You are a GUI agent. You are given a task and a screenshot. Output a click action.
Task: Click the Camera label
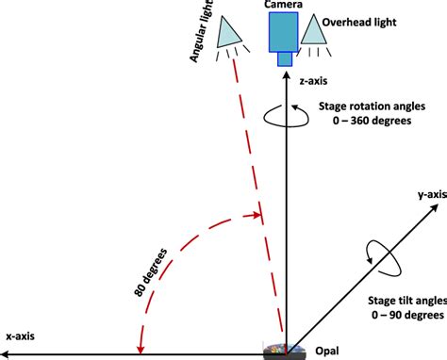coord(283,4)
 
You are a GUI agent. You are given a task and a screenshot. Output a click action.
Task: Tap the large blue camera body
coord(283,32)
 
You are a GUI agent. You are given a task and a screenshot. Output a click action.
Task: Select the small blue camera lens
coord(285,59)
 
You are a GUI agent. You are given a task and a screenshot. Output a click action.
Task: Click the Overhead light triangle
coord(313,29)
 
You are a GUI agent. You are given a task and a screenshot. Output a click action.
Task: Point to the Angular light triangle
coord(228,32)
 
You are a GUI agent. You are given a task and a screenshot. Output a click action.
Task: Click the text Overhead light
coord(359,23)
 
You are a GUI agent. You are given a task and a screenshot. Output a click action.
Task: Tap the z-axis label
coord(313,81)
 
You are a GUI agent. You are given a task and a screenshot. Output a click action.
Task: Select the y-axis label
coord(432,195)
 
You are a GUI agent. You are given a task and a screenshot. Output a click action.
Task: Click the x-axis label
coord(21,336)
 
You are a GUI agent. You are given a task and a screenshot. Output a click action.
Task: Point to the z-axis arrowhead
coord(287,75)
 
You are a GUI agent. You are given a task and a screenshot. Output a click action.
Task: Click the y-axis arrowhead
coord(435,207)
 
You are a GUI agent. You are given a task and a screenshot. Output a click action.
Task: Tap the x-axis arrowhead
coord(4,355)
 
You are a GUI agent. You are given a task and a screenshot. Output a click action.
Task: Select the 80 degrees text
coord(151,272)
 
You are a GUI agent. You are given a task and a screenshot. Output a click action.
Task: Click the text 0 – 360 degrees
coord(372,121)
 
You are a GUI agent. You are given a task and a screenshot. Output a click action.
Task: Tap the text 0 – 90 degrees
coord(407,315)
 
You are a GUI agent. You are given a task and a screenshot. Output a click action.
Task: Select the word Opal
coord(327,351)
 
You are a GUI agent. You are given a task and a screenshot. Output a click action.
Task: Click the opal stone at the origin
coord(285,352)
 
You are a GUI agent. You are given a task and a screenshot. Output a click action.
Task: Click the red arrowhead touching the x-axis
coord(141,350)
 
